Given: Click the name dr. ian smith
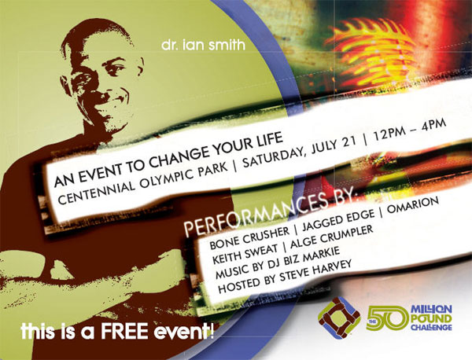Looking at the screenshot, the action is click(203, 45).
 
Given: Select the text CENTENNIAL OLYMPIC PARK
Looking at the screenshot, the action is click(142, 184).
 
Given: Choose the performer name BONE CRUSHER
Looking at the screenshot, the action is click(249, 238).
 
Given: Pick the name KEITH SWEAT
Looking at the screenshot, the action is click(245, 254).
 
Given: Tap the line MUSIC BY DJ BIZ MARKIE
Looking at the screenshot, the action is click(278, 262).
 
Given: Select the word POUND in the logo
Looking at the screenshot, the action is click(431, 318).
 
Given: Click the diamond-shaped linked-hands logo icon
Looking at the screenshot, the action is click(339, 318).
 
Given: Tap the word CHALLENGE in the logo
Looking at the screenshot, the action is click(431, 327).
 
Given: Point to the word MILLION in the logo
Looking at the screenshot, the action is click(431, 309).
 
